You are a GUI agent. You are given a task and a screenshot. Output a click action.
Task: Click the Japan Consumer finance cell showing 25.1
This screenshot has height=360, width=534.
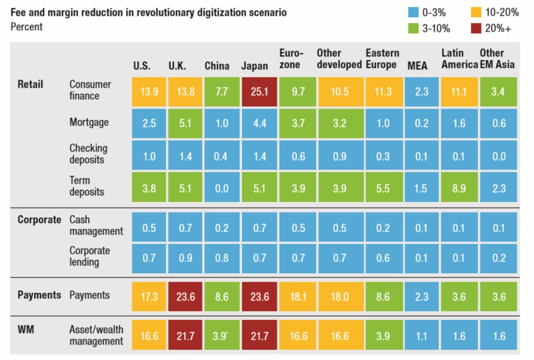coord(254,92)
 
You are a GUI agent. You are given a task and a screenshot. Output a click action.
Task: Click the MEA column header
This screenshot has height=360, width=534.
coord(417,66)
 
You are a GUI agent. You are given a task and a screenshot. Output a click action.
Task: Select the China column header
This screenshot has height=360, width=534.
coord(217,66)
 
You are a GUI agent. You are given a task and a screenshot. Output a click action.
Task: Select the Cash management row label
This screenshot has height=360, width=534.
coord(96,225)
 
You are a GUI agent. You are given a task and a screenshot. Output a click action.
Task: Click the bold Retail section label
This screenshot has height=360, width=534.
coord(30,85)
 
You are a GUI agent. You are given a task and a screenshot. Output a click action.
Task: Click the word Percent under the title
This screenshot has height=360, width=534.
coord(26,26)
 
